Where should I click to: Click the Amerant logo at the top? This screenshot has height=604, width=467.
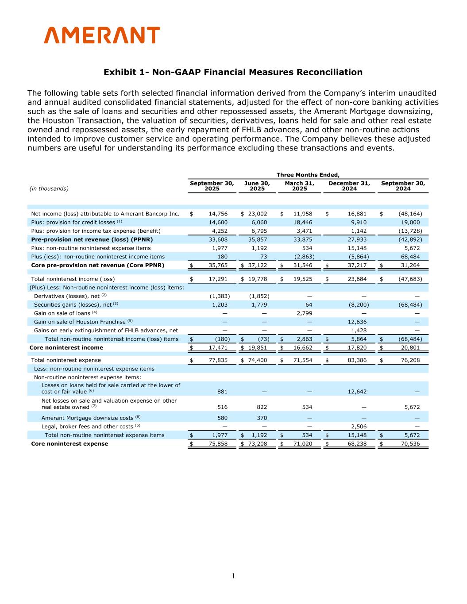102,35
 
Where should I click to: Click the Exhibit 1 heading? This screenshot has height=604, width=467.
233,72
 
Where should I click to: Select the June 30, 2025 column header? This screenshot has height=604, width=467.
257,186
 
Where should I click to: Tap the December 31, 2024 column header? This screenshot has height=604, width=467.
349,186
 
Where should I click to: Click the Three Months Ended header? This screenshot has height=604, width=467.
308,175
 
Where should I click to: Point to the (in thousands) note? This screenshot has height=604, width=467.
49,189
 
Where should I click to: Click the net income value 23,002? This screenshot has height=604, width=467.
257,214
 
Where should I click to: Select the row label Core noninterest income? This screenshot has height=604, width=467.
66,348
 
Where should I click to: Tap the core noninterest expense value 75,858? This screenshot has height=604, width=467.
218,444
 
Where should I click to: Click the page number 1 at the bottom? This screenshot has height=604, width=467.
233,576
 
